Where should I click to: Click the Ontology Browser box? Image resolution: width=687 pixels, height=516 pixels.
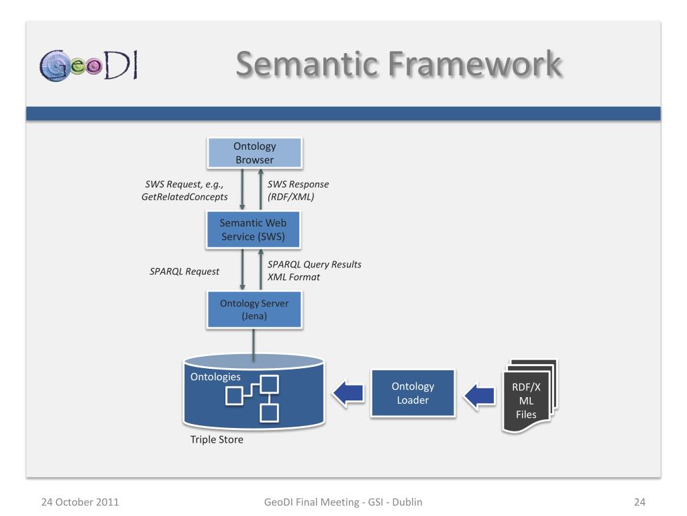pos(254,153)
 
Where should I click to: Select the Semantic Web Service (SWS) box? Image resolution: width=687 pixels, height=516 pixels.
pos(254,230)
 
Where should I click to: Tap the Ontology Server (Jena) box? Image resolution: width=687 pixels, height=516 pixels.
pos(254,310)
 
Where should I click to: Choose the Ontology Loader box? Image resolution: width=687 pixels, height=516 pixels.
pos(413,394)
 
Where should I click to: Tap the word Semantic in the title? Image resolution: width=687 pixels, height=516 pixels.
pos(306,65)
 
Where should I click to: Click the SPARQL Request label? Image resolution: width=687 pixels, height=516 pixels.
pos(184,271)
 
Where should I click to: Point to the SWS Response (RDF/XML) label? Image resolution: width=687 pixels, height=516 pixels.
pos(299,191)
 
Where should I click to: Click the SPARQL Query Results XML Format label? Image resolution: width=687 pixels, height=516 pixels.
pos(314,270)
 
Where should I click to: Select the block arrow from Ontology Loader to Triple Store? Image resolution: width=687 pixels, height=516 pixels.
pos(348,394)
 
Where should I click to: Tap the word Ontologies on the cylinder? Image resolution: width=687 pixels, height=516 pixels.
pos(215,377)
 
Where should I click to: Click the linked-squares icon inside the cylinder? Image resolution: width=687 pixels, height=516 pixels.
pos(252,398)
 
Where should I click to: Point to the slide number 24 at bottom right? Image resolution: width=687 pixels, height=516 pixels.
pos(639,501)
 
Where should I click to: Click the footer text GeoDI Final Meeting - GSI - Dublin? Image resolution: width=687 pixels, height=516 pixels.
pos(343,501)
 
